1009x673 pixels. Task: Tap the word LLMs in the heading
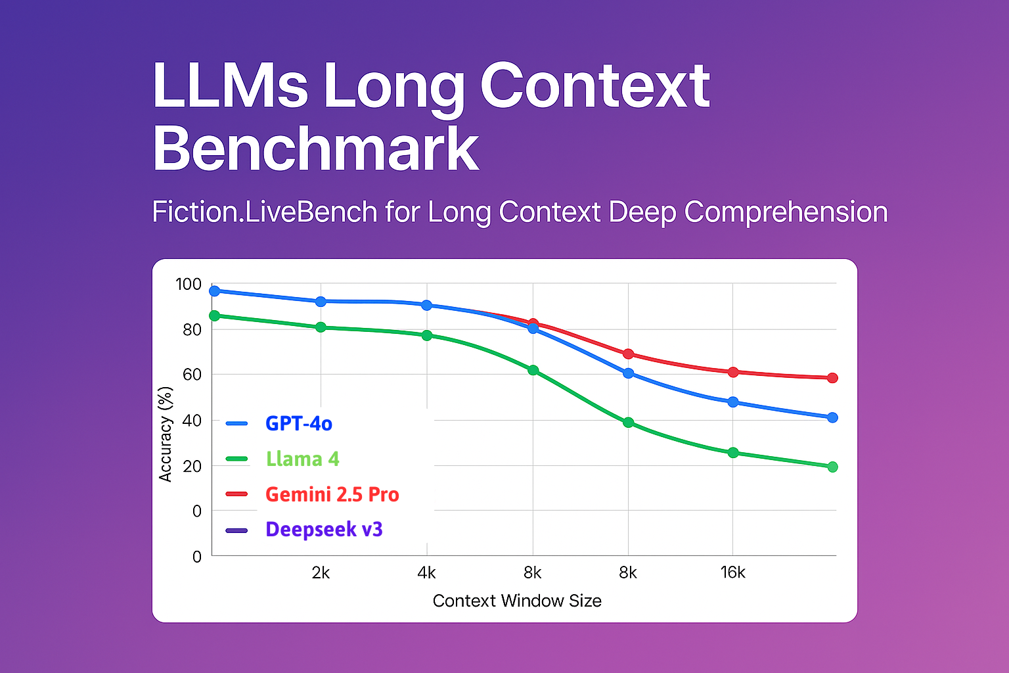[x=230, y=85]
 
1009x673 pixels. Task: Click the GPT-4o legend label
[x=298, y=424]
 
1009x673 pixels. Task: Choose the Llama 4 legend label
[x=302, y=459]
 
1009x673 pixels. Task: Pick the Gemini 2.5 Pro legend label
[x=332, y=494]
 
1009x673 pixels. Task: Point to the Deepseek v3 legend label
[x=324, y=529]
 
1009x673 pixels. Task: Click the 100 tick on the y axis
[x=189, y=285]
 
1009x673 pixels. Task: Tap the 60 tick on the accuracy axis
[x=192, y=375]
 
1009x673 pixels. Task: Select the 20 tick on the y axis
[x=192, y=466]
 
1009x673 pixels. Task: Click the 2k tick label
[x=321, y=573]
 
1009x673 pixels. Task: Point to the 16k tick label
[x=732, y=573]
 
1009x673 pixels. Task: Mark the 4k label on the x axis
[x=426, y=573]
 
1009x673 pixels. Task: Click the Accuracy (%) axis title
[x=166, y=434]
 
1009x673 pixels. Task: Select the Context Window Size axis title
[x=517, y=601]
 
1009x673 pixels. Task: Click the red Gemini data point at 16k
[x=733, y=372]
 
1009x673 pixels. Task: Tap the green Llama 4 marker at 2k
[x=321, y=327]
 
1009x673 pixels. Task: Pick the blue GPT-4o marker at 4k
[x=426, y=305]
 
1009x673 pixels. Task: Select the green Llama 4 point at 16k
[x=733, y=452]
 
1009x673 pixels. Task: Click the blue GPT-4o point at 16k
[x=733, y=402]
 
